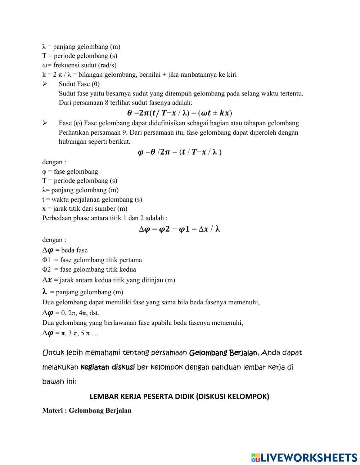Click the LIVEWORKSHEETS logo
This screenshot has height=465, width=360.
point(304,457)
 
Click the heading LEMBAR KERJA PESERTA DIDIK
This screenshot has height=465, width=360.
point(179,397)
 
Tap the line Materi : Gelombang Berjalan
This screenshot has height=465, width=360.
point(87,410)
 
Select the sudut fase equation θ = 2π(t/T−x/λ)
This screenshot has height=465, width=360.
point(179,113)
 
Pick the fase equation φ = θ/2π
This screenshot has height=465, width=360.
point(179,152)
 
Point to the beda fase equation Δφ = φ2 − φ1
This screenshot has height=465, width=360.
point(179,229)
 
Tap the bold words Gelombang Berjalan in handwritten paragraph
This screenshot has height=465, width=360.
point(223,353)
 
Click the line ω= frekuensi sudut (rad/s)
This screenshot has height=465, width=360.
point(79,65)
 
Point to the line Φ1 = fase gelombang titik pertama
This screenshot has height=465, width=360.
point(92,260)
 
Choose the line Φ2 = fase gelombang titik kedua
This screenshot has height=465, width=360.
point(89,269)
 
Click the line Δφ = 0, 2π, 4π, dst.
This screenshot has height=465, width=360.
point(71,313)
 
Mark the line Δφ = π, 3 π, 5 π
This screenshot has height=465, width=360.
point(70,333)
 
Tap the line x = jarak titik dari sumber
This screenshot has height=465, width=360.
point(85,209)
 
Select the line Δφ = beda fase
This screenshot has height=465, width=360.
point(65,250)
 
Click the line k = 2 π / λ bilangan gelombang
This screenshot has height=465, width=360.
point(139,75)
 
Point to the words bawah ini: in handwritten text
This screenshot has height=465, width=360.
point(59,381)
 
